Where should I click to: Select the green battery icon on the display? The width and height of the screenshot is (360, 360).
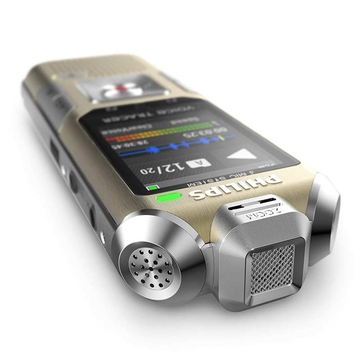[x=153, y=188]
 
